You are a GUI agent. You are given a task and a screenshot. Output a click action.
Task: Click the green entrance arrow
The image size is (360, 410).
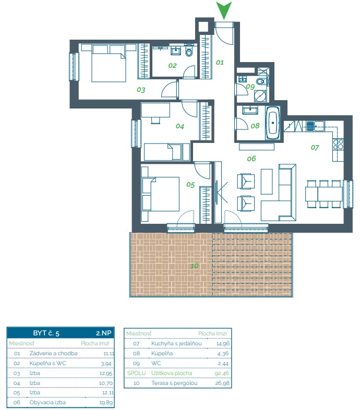coord(224,9)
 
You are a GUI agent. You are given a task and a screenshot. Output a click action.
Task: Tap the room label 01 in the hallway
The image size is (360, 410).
coord(220,62)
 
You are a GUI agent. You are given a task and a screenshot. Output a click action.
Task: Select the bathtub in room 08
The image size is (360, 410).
coord(273,123)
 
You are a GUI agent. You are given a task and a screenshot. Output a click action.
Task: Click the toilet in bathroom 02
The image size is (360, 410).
coord(189,52)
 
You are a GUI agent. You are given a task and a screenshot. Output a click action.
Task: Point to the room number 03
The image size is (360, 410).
coord(141,90)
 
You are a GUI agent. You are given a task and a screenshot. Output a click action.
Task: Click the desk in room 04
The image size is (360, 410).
coord(155,110)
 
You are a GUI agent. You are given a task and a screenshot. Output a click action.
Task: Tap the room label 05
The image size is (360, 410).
coord(190,185)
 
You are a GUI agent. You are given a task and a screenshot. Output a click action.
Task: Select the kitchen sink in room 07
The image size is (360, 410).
coord(315,126)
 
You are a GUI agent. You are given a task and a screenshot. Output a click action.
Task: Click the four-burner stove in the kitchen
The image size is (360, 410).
coord(338,144)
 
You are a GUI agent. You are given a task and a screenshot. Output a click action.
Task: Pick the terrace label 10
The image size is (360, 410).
coord(195,266)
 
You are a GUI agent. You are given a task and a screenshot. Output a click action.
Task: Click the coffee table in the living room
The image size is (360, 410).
coord(267,181)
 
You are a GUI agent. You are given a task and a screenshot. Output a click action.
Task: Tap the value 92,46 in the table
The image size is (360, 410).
coord(222,373)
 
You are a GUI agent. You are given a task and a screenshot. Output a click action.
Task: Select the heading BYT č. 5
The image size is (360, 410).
coord(46,333)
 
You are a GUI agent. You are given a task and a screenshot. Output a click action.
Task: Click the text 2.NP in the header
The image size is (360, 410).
coord(104,333)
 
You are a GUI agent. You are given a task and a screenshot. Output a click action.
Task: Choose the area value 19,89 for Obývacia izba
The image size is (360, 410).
coord(106,403)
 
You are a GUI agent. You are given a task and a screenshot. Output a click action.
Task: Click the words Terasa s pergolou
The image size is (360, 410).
coord(174,383)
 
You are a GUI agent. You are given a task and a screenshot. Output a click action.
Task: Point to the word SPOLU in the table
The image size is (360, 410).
coord(136,373)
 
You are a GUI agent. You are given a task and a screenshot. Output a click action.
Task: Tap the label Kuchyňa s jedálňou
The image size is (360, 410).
coord(176,343)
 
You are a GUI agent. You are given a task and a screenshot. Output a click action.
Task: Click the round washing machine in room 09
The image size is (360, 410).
coord(260,95)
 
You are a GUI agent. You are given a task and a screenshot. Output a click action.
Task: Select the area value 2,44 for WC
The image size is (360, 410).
coord(223,364)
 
